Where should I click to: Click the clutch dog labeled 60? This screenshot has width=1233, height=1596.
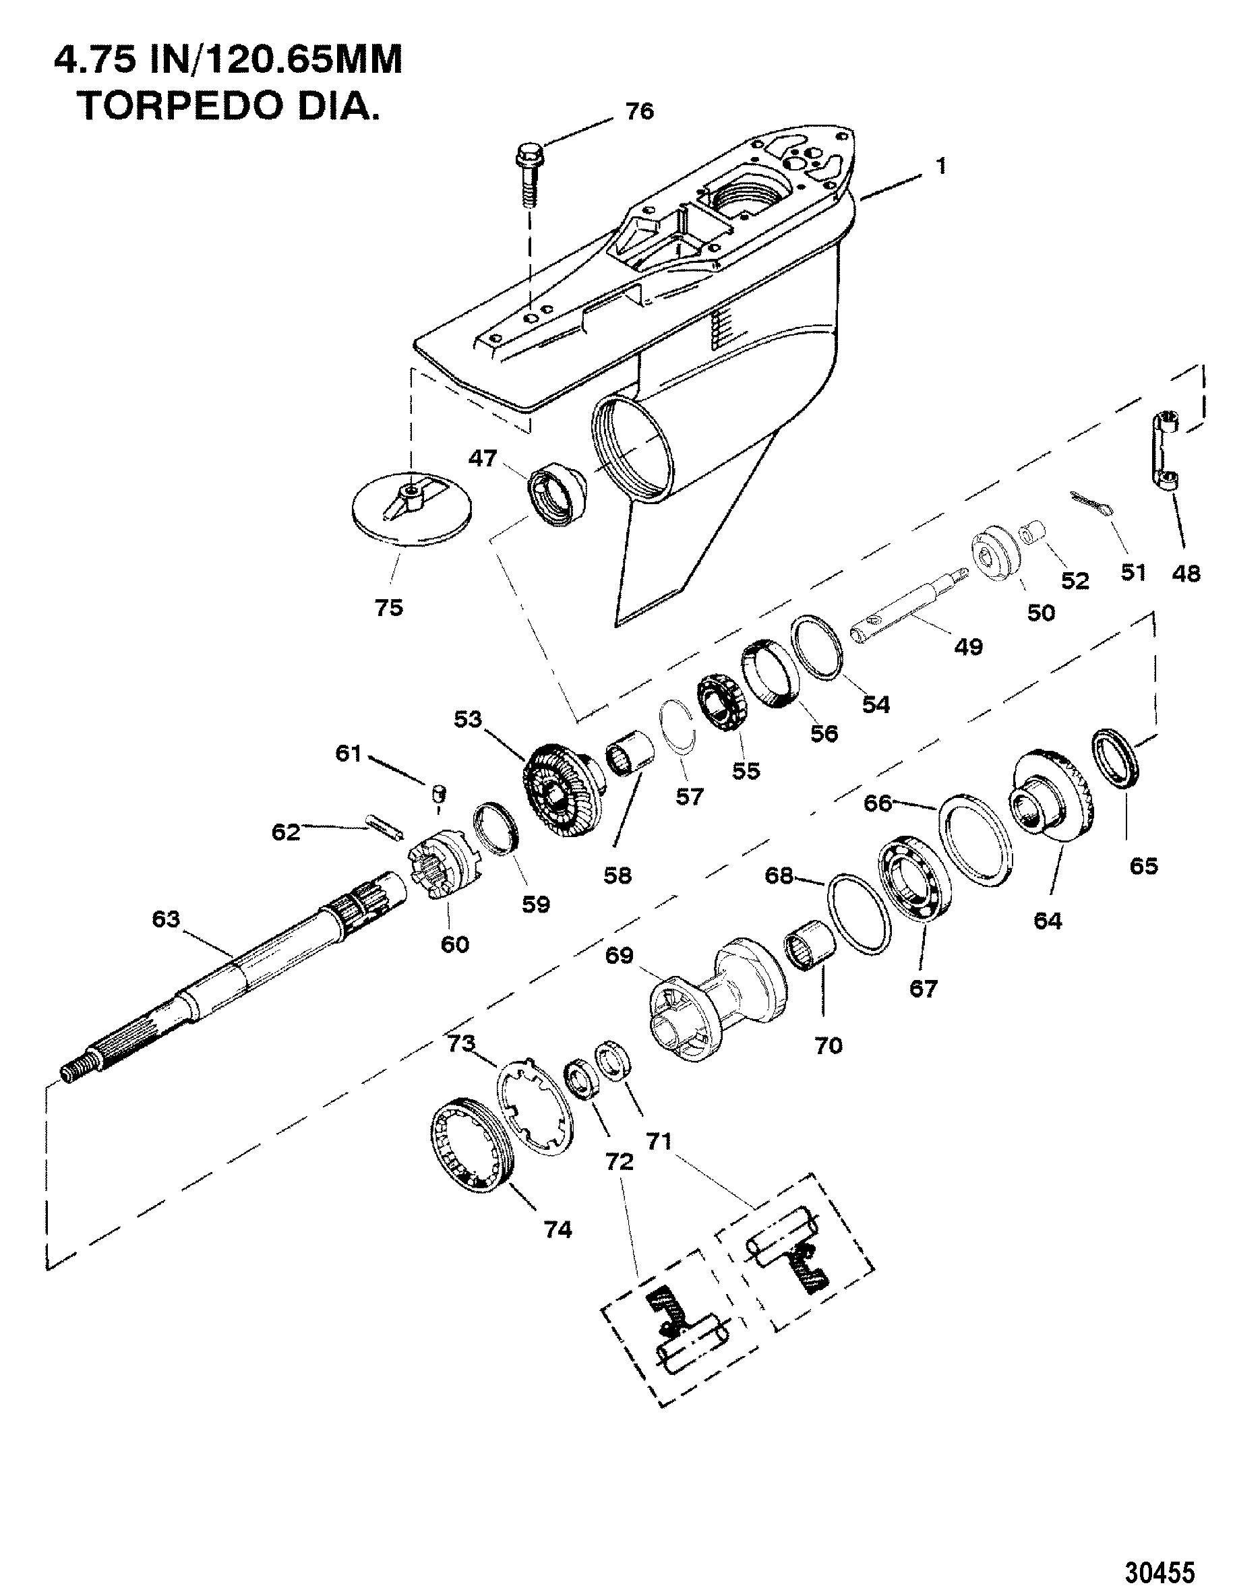[x=441, y=865]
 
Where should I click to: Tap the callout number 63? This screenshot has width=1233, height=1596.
[x=165, y=919]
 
